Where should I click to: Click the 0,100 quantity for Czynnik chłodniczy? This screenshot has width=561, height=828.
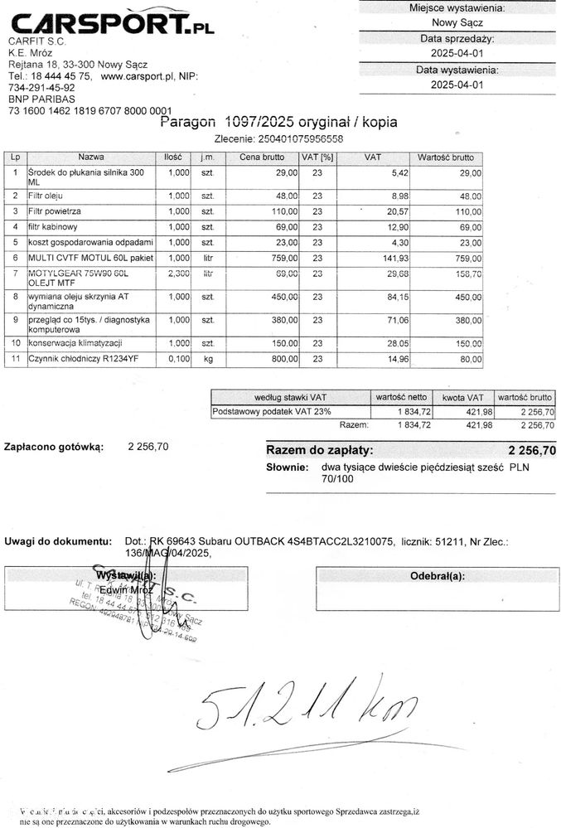coord(178,359)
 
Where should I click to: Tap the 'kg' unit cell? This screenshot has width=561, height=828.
coord(208,359)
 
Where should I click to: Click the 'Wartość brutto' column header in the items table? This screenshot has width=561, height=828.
coord(445,157)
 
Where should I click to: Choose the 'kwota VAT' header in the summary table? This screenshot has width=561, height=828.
coord(463,398)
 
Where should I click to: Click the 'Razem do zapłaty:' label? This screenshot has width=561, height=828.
coord(319,450)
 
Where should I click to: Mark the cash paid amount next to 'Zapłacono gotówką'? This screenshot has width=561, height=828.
coord(148,446)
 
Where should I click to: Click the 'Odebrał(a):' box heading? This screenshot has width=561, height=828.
coord(437,576)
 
